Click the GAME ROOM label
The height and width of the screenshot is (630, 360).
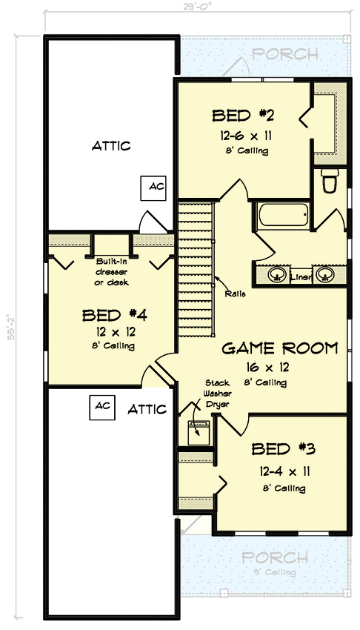click(x=280, y=348)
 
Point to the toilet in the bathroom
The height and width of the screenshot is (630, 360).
click(x=330, y=180)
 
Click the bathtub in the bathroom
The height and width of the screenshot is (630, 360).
click(x=282, y=216)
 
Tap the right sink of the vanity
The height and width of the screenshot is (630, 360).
click(x=324, y=275)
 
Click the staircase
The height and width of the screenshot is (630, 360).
click(x=196, y=271)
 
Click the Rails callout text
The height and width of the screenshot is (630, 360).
click(x=236, y=294)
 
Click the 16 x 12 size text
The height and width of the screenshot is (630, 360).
click(x=280, y=365)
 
